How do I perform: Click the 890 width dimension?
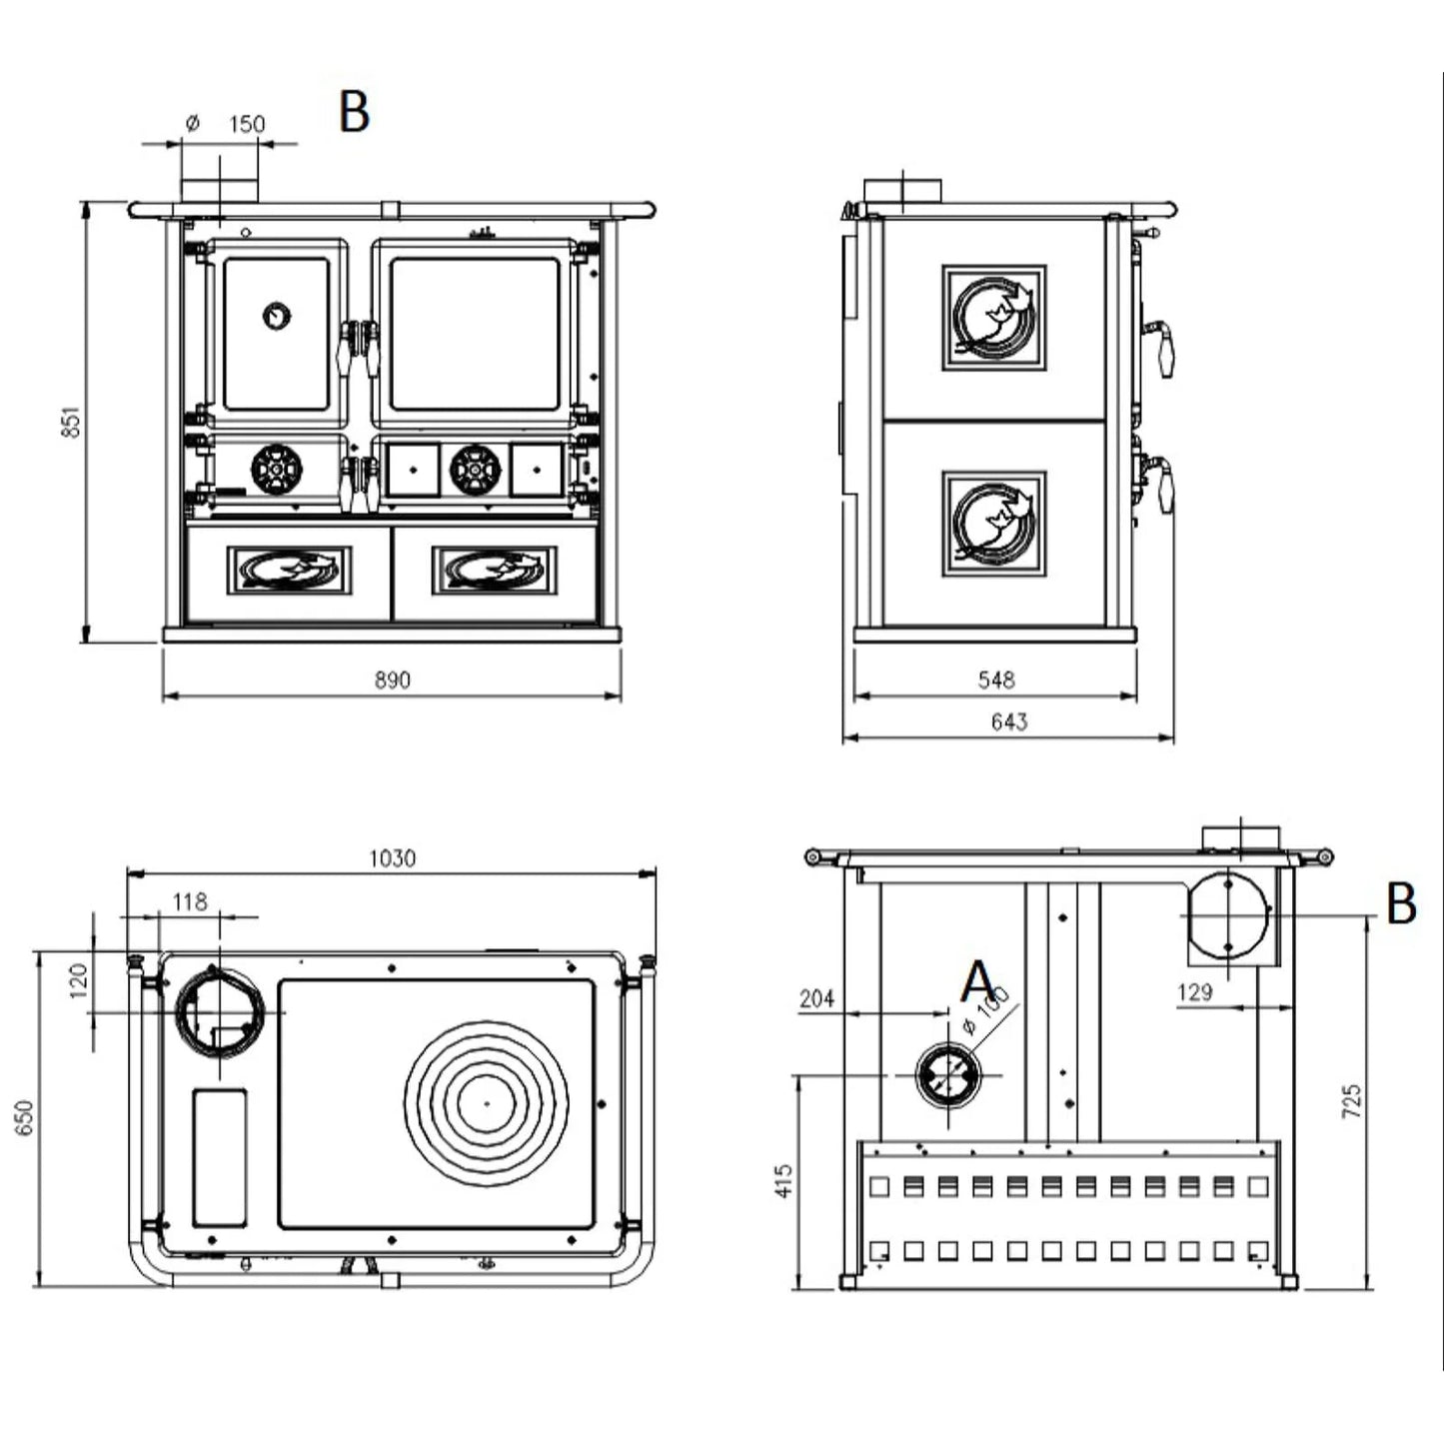(x=393, y=680)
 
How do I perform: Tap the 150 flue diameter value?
(x=247, y=124)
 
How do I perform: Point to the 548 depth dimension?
(x=996, y=680)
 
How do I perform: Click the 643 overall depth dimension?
(x=1008, y=722)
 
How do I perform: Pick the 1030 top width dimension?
(x=392, y=857)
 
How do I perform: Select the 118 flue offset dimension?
(x=189, y=901)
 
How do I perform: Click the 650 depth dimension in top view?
(x=25, y=1116)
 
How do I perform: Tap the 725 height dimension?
(x=1352, y=1100)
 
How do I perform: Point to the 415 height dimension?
(x=783, y=1180)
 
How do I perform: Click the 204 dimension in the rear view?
(x=816, y=997)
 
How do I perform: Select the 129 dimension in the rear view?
(x=1194, y=991)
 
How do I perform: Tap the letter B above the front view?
(x=355, y=111)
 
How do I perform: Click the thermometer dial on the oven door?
(x=277, y=317)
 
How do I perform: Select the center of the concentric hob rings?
(x=487, y=1102)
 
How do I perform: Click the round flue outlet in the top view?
(x=219, y=1011)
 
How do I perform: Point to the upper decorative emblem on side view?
(x=994, y=318)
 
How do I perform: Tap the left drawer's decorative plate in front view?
(x=289, y=570)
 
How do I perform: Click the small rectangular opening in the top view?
(x=219, y=1157)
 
